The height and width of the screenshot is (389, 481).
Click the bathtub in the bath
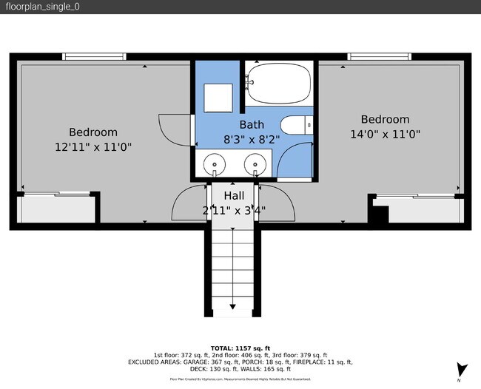[x=280, y=83]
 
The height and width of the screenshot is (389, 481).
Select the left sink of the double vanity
[x=214, y=163]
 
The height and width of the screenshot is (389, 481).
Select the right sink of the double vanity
[x=255, y=163]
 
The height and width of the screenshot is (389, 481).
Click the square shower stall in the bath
[x=218, y=96]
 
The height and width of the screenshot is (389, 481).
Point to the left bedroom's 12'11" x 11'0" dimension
[x=93, y=147]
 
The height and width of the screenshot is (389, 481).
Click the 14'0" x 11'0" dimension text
[x=385, y=135]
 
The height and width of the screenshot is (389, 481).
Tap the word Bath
[x=252, y=125]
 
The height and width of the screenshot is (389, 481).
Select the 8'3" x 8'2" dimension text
[x=252, y=139]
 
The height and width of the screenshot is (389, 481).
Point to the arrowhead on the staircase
[x=233, y=305]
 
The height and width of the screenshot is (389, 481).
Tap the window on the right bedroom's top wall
[x=380, y=56]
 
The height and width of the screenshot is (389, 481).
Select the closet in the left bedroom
[x=58, y=209]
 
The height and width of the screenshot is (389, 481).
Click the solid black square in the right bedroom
[x=378, y=215]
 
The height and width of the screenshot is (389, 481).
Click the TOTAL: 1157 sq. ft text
[x=240, y=348]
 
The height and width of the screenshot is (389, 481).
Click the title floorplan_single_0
[x=42, y=7]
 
